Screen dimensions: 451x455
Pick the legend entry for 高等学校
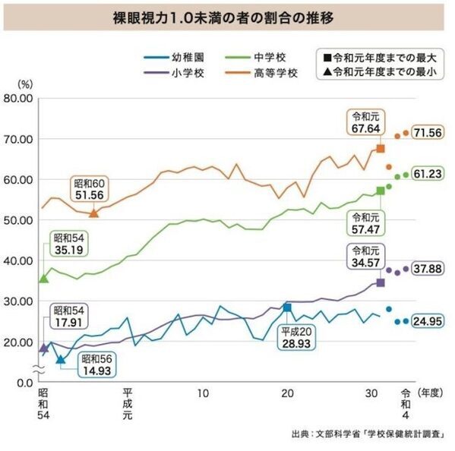[269, 73]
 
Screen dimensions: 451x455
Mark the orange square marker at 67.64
[381, 149]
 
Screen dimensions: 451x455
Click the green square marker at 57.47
[381, 191]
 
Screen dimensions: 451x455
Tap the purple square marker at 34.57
[381, 282]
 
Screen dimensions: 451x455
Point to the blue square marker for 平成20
[287, 307]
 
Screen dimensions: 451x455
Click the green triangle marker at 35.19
[43, 279]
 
